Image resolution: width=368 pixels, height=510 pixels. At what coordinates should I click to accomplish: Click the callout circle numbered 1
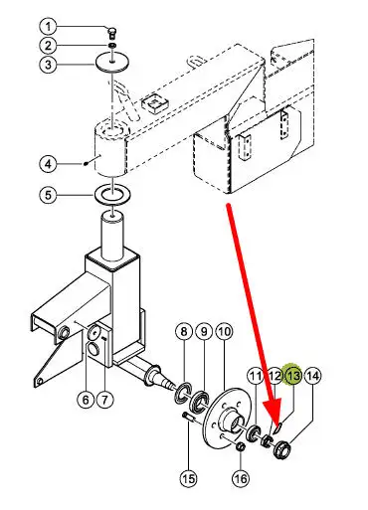(x=49, y=27)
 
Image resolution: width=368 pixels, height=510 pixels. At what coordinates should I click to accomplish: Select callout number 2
(x=49, y=46)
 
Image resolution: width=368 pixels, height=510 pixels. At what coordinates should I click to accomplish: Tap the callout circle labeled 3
(x=49, y=65)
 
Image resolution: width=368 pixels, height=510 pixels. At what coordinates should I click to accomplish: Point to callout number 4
(x=49, y=164)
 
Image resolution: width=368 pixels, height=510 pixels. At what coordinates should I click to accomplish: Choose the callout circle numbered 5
(x=49, y=195)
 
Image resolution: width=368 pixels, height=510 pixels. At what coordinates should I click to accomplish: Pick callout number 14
(x=312, y=376)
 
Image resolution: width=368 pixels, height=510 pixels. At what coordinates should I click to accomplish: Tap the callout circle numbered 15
(x=188, y=478)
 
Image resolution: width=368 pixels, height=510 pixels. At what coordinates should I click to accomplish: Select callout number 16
(x=241, y=478)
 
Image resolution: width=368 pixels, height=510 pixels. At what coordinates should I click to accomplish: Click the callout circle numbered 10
(x=225, y=331)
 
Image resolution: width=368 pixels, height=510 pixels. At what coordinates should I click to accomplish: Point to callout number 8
(x=184, y=331)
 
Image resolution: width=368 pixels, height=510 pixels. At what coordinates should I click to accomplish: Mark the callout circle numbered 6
(x=86, y=400)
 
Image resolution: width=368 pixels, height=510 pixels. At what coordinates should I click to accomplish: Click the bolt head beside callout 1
(x=112, y=33)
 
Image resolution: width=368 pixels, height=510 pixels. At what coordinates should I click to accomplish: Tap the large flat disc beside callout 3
(x=112, y=63)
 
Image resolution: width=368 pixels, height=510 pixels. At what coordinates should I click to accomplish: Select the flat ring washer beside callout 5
(x=112, y=195)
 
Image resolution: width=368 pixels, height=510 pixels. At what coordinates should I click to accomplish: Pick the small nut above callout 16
(x=241, y=446)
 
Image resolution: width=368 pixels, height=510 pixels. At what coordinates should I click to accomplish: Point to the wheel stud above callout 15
(x=187, y=417)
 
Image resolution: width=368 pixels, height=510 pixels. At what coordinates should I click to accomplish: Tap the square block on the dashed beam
(x=156, y=102)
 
